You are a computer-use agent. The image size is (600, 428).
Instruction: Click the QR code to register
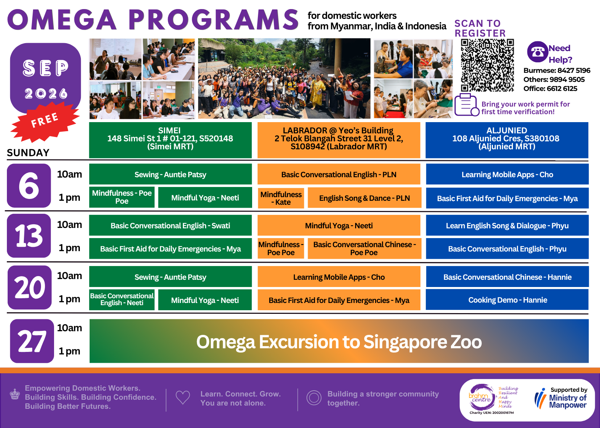click(x=487, y=65)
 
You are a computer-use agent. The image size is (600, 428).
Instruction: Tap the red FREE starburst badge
click(x=45, y=122)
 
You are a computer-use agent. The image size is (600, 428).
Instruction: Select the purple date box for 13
click(x=29, y=236)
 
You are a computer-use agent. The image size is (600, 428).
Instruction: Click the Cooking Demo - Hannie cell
click(x=507, y=300)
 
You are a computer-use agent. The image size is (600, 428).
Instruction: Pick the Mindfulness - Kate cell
click(x=281, y=198)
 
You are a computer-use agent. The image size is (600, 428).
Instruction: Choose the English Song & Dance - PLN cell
click(x=364, y=198)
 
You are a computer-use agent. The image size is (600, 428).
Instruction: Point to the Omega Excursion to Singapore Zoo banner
click(x=339, y=341)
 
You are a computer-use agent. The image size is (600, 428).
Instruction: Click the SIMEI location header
click(x=170, y=140)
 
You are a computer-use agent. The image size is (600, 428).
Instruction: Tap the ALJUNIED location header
click(x=507, y=140)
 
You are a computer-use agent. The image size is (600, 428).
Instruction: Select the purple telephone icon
click(x=537, y=52)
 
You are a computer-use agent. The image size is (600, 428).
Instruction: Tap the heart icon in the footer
click(x=183, y=397)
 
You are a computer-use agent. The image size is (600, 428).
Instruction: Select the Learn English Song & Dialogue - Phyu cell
click(x=507, y=225)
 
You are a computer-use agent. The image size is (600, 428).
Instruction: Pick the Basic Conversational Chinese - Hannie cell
click(x=507, y=277)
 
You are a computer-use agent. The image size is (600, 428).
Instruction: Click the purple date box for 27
click(x=32, y=341)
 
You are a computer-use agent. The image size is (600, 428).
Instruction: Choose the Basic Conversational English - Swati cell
click(x=170, y=225)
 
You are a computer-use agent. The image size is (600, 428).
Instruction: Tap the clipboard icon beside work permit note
click(x=467, y=105)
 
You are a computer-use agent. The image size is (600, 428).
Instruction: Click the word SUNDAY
click(x=28, y=153)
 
